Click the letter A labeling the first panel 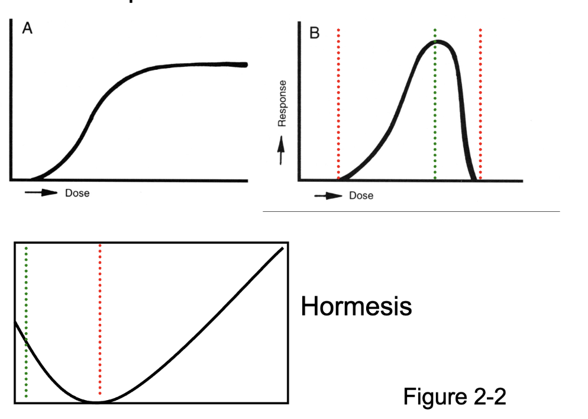pos(27,30)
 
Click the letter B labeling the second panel pos(315,33)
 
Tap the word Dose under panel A pos(77,193)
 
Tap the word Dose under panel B pos(361,195)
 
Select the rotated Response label pos(282,103)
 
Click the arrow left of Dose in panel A pos(41,193)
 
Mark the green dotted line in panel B pos(435,107)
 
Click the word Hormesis pos(356,307)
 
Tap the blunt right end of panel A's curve pos(245,65)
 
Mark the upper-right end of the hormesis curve pos(282,248)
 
